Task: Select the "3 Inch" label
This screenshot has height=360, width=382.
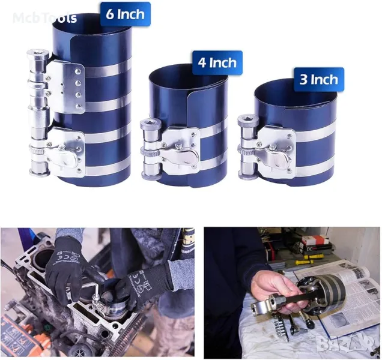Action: [319, 80]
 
